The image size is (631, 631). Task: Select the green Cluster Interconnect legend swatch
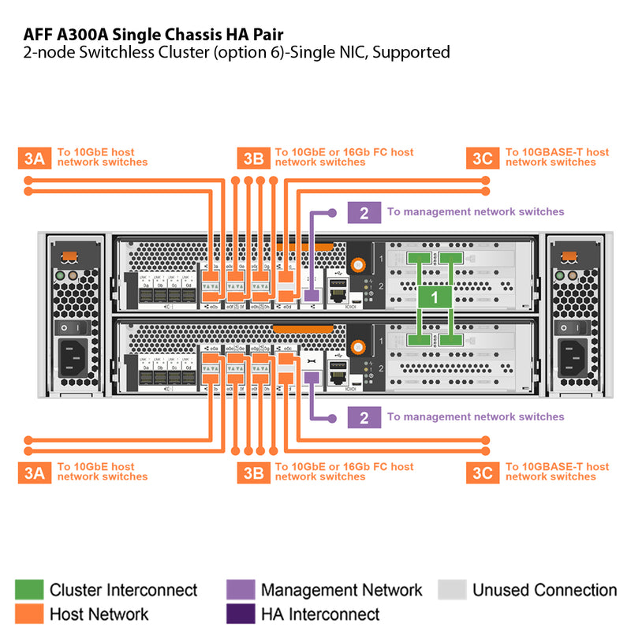29,590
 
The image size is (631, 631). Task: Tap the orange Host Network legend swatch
29,614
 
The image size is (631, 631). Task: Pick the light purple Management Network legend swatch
241,590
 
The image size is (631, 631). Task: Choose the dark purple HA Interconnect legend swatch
241,614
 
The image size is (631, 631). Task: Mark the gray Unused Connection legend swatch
452,590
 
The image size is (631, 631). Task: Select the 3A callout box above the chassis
34,158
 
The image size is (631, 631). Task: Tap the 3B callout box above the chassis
253,158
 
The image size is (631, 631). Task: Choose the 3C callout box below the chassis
482,472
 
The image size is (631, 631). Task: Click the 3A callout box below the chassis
34,472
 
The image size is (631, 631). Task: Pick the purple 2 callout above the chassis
364,212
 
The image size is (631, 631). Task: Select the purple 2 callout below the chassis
364,417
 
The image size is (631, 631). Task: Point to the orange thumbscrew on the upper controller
359,267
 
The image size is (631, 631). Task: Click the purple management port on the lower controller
311,378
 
